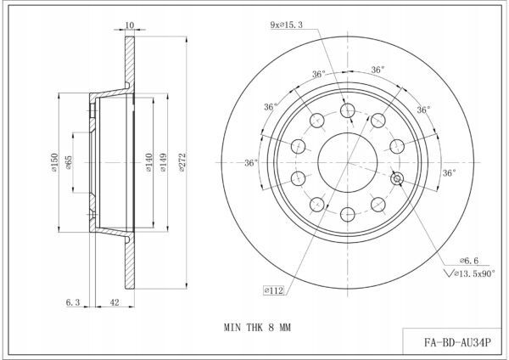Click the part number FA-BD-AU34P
457,342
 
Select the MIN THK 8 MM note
257,327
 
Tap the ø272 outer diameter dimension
182,162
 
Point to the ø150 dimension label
54,162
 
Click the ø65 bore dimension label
69,162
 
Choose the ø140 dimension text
148,162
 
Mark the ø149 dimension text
163,162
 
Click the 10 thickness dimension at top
130,25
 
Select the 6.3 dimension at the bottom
73,302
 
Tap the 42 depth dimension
115,302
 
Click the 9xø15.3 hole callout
287,25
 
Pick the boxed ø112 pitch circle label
274,290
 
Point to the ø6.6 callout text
469,261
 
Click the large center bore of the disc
348,162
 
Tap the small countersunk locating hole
397,178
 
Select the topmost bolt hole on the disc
347,110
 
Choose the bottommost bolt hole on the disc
347,214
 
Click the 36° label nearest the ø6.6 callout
450,173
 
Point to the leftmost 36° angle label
251,162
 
